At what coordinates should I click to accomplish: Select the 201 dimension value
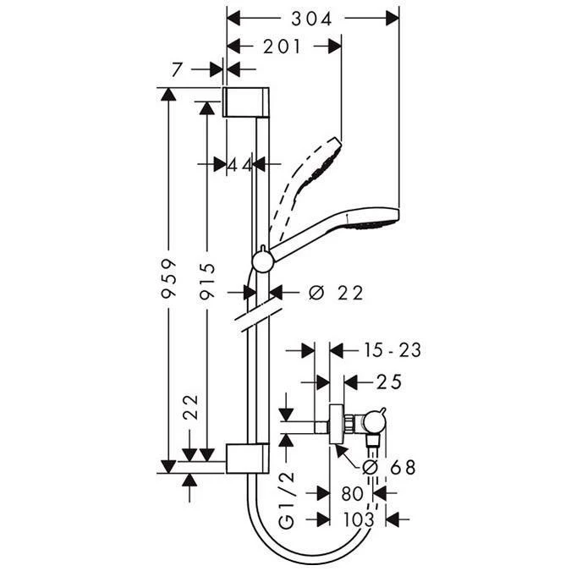tap(283, 47)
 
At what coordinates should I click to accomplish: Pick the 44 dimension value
tap(241, 165)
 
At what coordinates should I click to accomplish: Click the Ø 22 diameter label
tap(336, 293)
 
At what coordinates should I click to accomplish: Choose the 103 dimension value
tap(358, 521)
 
